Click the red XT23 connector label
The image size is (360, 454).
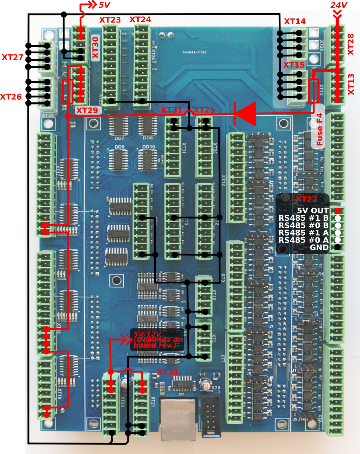pyautogui.click(x=110, y=20)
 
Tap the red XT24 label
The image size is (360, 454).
pyautogui.click(x=140, y=20)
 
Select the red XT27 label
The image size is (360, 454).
pyautogui.click(x=12, y=57)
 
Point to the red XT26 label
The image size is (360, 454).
pyautogui.click(x=11, y=97)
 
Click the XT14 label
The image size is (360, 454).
pyautogui.click(x=295, y=22)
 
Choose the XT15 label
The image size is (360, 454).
pyautogui.click(x=294, y=65)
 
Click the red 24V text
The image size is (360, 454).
pyautogui.click(x=339, y=5)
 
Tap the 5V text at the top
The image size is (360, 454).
pyautogui.click(x=104, y=5)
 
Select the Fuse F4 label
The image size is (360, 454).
pyautogui.click(x=319, y=129)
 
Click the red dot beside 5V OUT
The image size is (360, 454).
pyautogui.click(x=338, y=211)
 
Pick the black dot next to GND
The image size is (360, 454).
pyautogui.click(x=338, y=247)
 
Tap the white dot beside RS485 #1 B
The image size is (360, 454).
pyautogui.click(x=338, y=218)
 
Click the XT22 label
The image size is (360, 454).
pyautogui.click(x=306, y=199)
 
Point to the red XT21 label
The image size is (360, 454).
pyautogui.click(x=167, y=372)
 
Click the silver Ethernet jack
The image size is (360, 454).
pyautogui.click(x=178, y=419)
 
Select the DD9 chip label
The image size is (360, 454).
pyautogui.click(x=119, y=147)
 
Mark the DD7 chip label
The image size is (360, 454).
pyautogui.click(x=119, y=138)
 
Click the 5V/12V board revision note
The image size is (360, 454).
pyautogui.click(x=157, y=340)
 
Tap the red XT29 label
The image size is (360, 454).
pyautogui.click(x=87, y=110)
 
